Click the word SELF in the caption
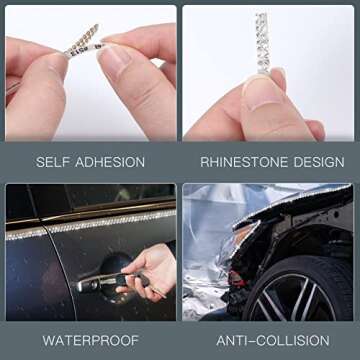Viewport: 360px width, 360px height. coord(51,161)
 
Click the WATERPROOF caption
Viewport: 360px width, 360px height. coord(89,339)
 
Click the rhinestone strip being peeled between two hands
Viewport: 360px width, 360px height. coord(82,41)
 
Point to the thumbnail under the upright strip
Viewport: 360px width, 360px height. coord(263,91)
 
